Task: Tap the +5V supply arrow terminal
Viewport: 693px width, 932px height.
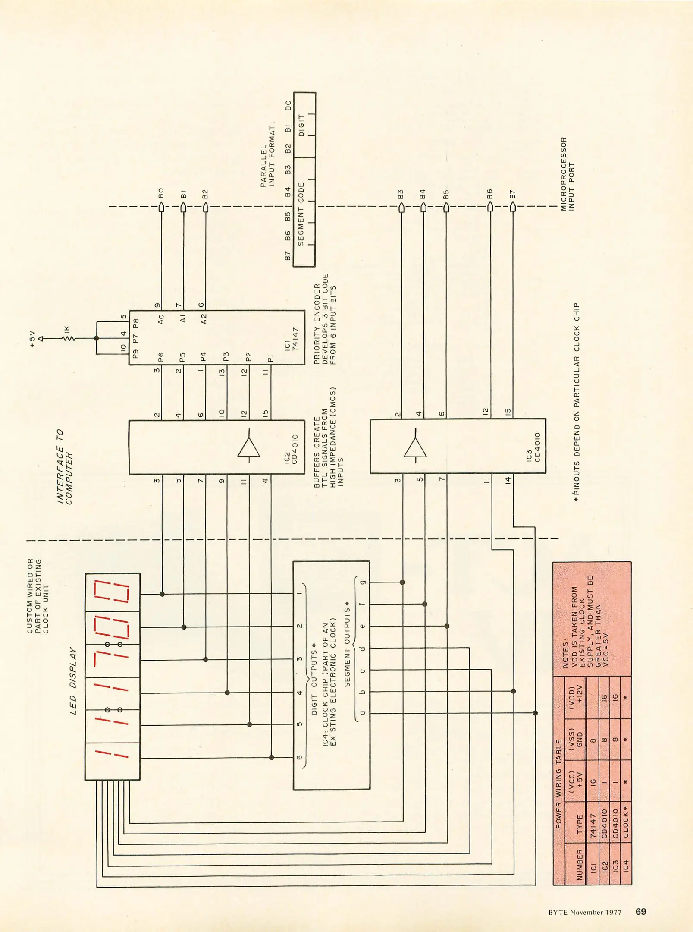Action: click(41, 339)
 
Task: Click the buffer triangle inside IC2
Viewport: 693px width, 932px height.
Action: click(249, 447)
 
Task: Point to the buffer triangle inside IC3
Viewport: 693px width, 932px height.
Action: click(415, 447)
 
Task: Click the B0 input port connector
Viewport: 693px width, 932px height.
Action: click(161, 207)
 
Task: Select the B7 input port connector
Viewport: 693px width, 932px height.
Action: click(513, 207)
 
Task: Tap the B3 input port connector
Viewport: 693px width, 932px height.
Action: click(401, 207)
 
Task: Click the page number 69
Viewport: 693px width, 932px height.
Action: click(640, 911)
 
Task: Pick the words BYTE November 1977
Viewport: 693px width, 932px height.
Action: click(585, 912)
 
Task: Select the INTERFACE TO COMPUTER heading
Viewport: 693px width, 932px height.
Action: click(64, 466)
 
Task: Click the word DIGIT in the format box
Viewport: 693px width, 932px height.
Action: click(301, 125)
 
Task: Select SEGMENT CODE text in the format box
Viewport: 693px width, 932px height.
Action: click(301, 214)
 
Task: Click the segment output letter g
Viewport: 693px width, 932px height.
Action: click(363, 582)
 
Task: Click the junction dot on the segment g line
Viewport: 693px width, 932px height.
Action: click(402, 582)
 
